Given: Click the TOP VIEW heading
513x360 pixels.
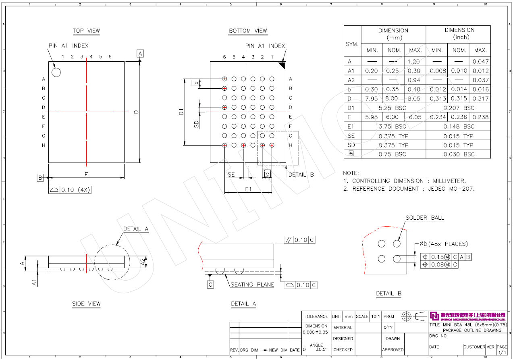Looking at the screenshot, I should pyautogui.click(x=86, y=31).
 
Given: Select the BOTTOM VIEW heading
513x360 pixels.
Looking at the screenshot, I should pyautogui.click(x=248, y=31).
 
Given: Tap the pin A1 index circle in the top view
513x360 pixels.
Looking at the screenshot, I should pyautogui.click(x=56, y=72).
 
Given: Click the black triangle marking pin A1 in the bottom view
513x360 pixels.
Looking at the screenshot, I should pyautogui.click(x=282, y=65).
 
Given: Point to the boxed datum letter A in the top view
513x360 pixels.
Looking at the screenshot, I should pyautogui.click(x=140, y=53).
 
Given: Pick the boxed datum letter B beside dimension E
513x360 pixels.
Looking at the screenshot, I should pyautogui.click(x=40, y=177).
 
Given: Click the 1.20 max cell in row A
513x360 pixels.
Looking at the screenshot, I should pyautogui.click(x=415, y=62).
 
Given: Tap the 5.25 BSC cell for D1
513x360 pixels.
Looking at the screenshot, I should pyautogui.click(x=393, y=108).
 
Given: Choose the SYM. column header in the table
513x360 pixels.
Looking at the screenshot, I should pyautogui.click(x=352, y=44).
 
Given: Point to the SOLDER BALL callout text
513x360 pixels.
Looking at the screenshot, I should pyautogui.click(x=425, y=218).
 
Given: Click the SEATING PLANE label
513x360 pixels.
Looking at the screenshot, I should pyautogui.click(x=252, y=285).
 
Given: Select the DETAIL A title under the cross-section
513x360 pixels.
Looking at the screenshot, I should pyautogui.click(x=243, y=304).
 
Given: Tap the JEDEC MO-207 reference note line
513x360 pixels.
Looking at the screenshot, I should pyautogui.click(x=409, y=189).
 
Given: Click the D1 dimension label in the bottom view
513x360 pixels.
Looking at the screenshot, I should pyautogui.click(x=181, y=112).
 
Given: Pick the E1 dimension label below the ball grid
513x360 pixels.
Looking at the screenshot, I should pyautogui.click(x=248, y=189).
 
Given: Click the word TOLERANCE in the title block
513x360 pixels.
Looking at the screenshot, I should pyautogui.click(x=316, y=316).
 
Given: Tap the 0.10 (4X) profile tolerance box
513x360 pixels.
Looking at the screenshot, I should pyautogui.click(x=70, y=189).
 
